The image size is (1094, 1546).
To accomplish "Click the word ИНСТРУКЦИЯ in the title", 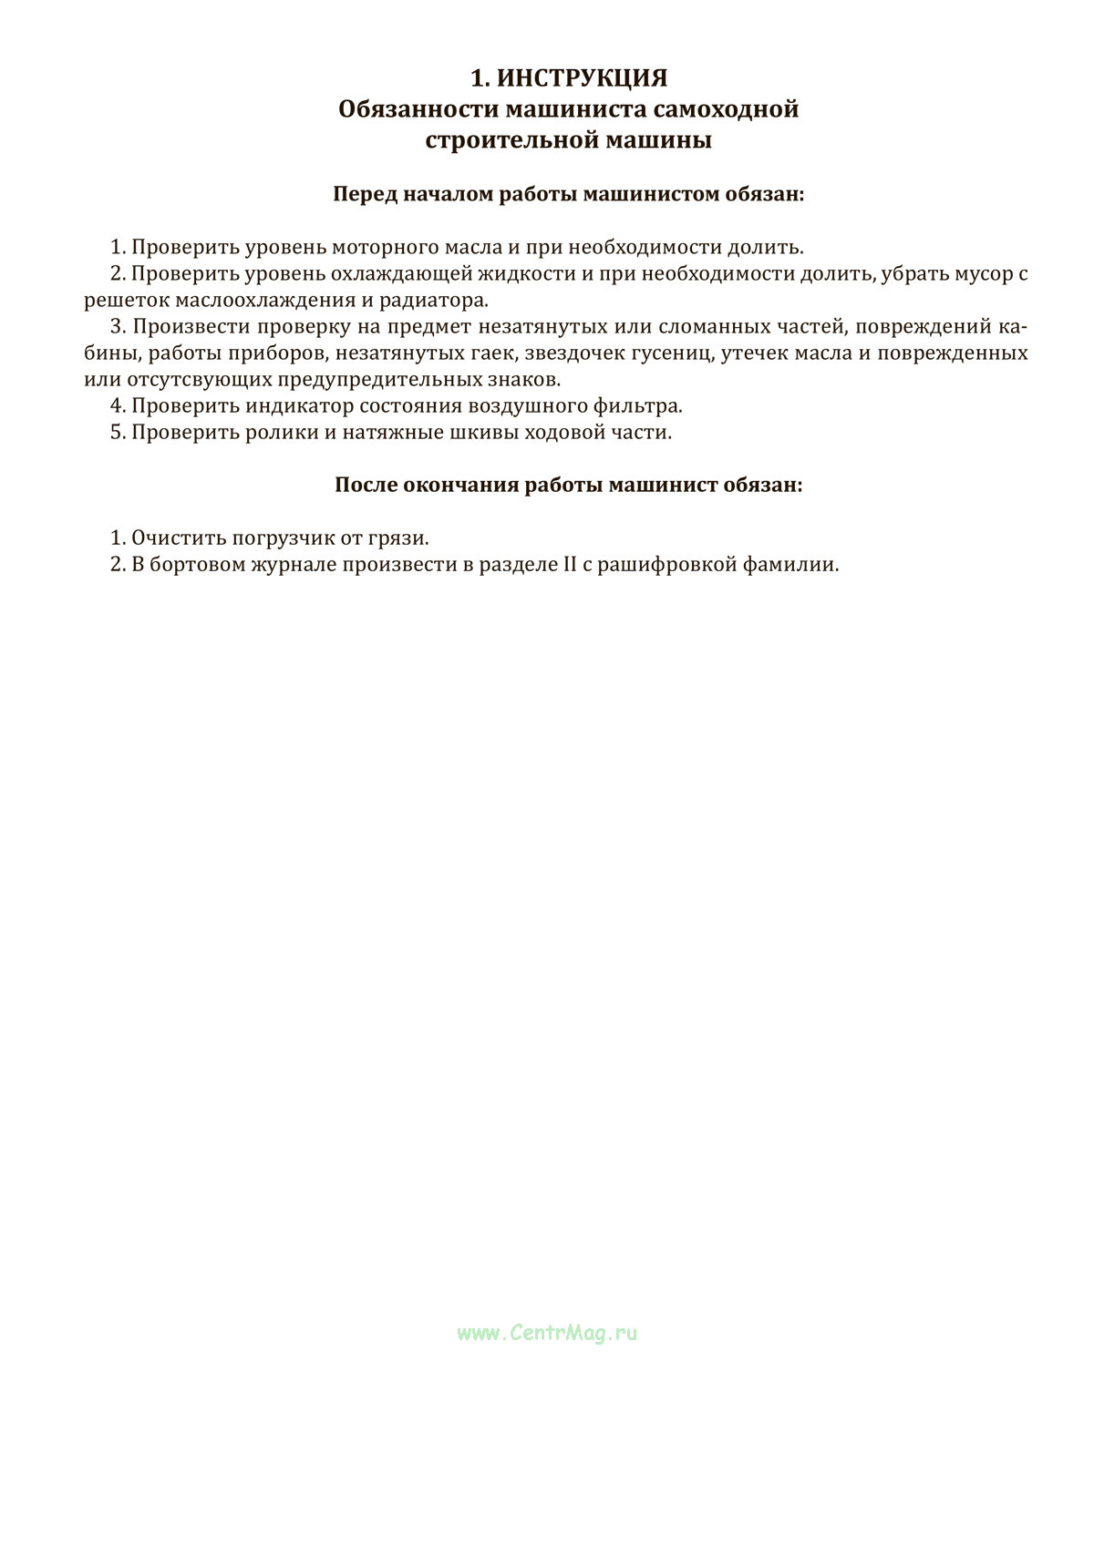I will coord(582,77).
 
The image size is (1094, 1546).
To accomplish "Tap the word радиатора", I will coord(436,300).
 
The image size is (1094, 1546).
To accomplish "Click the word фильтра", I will coord(644,405).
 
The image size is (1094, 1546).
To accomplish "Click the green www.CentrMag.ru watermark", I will coord(547,1333).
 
